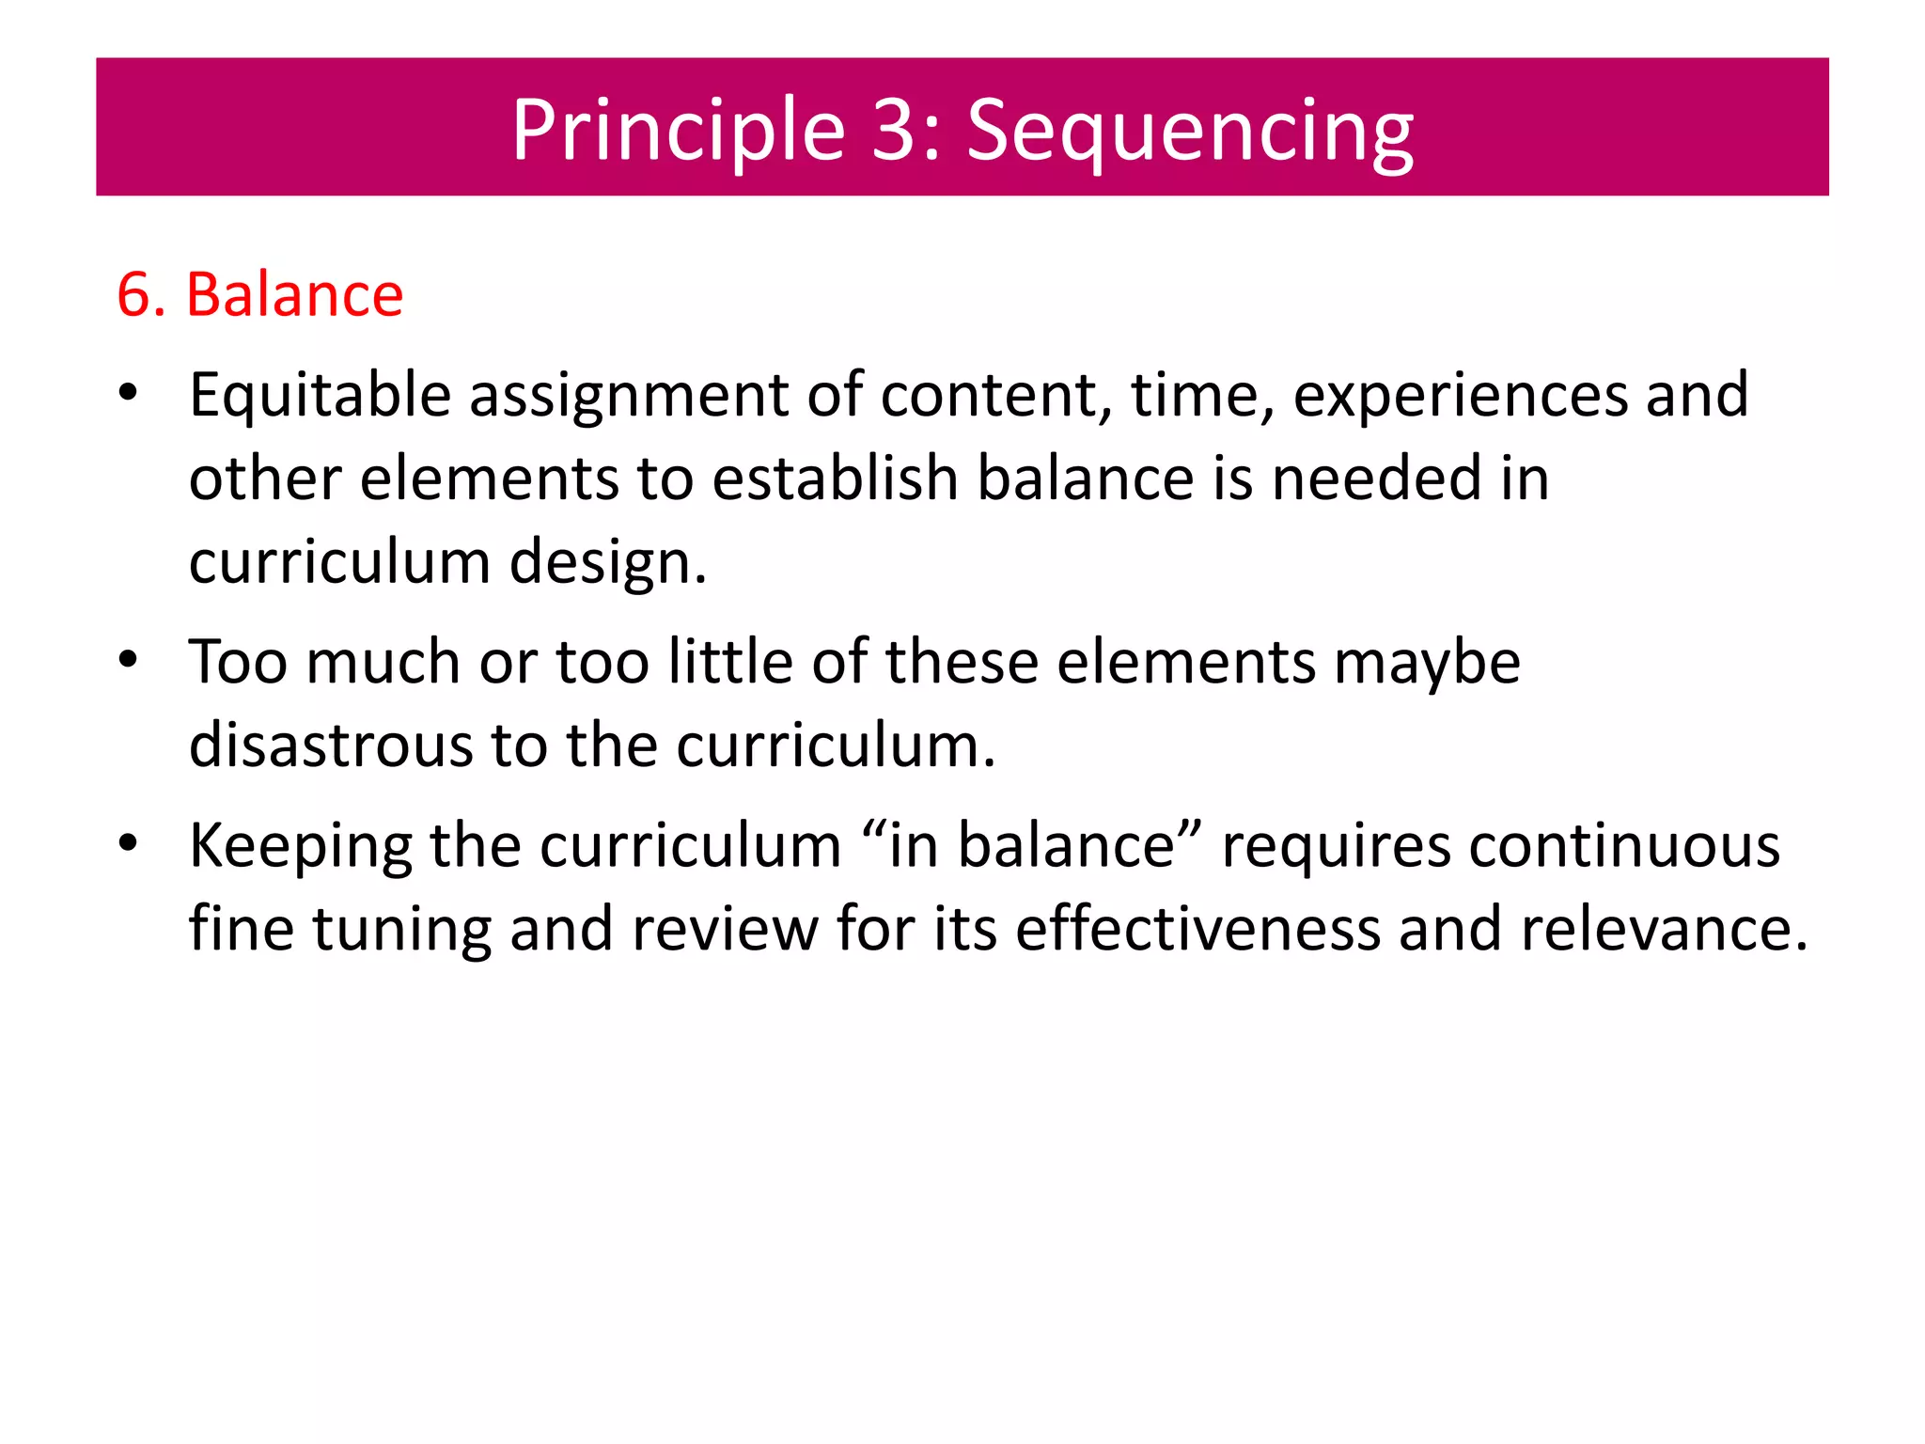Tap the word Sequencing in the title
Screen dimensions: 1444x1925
tap(1189, 132)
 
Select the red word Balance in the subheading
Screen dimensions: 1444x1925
tap(294, 294)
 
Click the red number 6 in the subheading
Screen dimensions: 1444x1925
tap(133, 294)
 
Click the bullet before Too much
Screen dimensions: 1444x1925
tap(129, 660)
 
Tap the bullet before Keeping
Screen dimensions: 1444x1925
tap(129, 843)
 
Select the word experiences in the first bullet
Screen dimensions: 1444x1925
tap(1460, 395)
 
